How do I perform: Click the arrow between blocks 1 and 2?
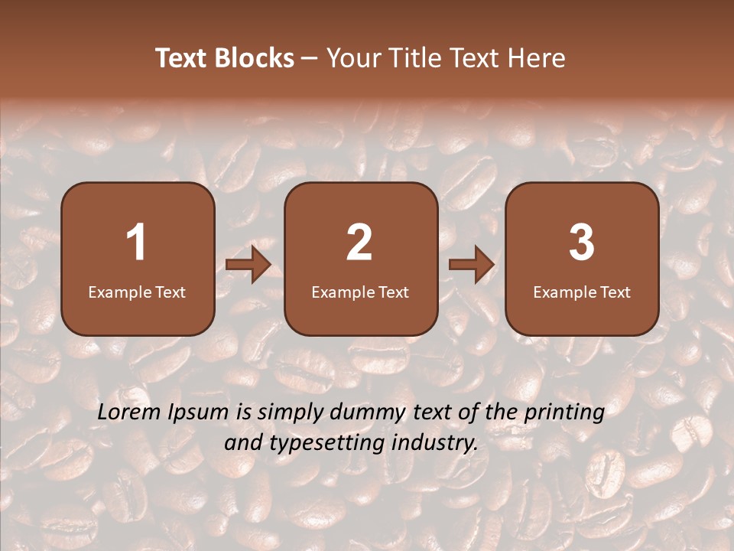(x=248, y=266)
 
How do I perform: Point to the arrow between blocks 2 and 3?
(x=471, y=266)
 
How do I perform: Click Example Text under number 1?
(x=137, y=292)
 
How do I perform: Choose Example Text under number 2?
(x=360, y=292)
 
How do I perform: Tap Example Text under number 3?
(x=582, y=292)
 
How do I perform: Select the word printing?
(x=564, y=413)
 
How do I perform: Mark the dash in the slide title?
(x=310, y=59)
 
